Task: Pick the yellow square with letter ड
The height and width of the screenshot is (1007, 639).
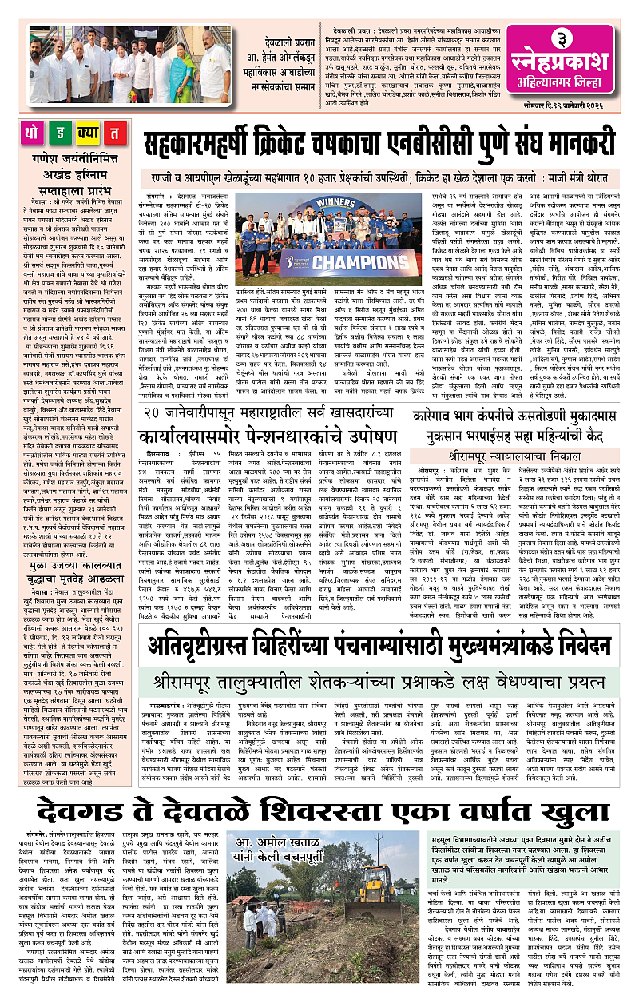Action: tap(64, 133)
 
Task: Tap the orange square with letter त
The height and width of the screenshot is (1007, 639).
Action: tap(116, 133)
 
